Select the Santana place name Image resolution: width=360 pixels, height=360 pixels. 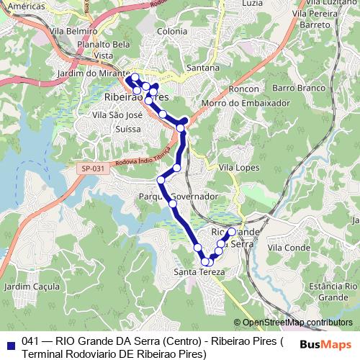coord(202,68)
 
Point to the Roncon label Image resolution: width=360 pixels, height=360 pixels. coord(243,89)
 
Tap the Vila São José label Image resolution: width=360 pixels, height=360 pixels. coord(119,114)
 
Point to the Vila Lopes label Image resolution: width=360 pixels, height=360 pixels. coord(238,167)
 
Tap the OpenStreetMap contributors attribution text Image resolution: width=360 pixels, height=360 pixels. coord(293,322)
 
